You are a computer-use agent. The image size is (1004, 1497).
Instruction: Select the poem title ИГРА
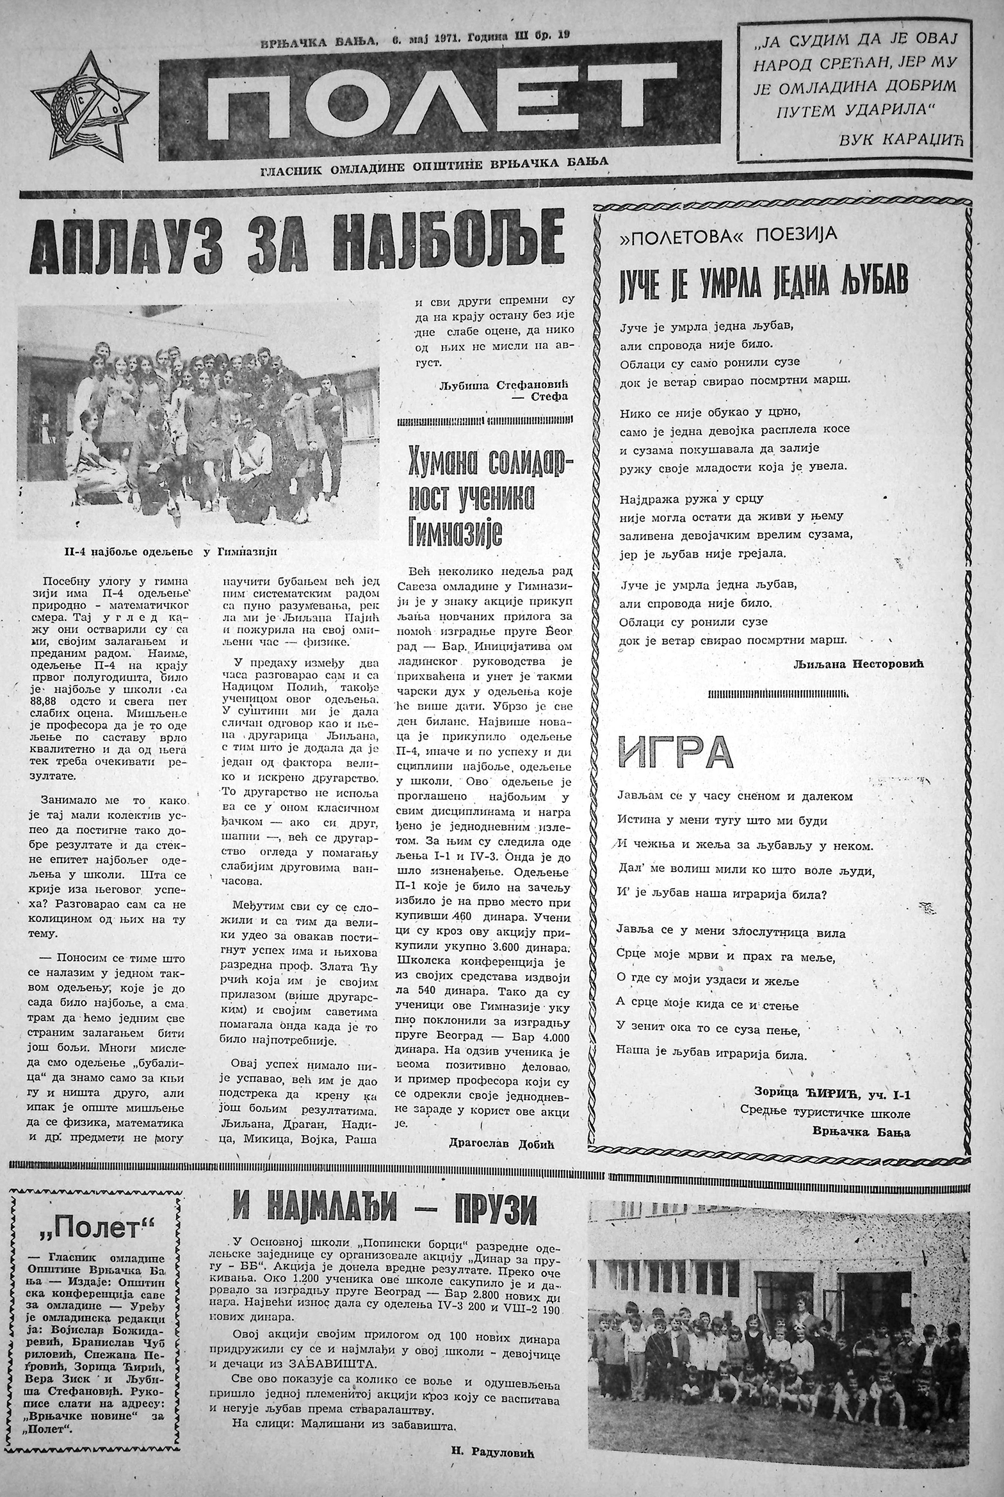(x=675, y=752)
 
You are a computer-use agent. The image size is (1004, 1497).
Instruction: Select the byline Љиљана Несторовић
(x=858, y=665)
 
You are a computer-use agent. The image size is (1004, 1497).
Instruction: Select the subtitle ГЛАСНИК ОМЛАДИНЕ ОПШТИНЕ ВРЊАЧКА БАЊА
(x=433, y=163)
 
